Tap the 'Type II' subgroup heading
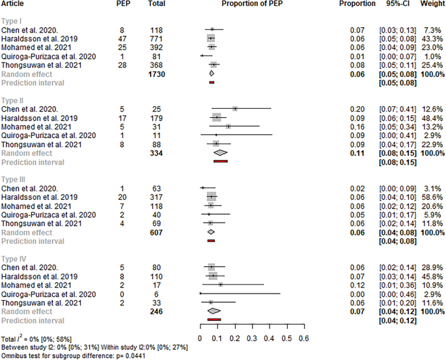coord(14,100)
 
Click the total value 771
coord(157,38)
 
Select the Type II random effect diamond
coord(220,152)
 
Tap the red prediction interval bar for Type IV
coord(214,320)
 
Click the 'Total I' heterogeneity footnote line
coord(37,340)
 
